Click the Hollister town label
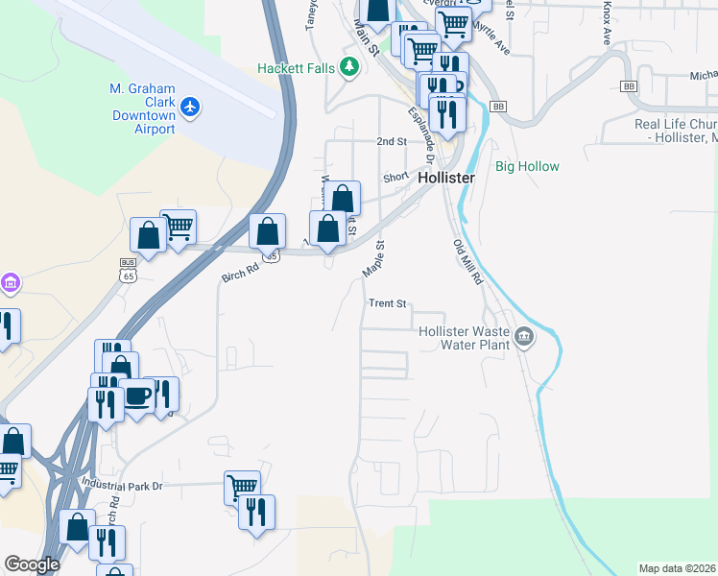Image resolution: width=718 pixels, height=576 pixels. click(447, 179)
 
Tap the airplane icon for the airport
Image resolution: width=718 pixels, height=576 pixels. click(190, 106)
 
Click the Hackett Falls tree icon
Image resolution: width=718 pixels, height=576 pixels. click(351, 66)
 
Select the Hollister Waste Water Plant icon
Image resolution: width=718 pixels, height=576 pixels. click(524, 337)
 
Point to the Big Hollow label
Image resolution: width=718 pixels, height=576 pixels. click(527, 167)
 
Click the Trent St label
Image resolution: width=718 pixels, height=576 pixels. click(389, 303)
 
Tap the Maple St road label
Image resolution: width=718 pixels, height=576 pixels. click(373, 259)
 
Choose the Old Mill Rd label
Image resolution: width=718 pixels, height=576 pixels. click(467, 261)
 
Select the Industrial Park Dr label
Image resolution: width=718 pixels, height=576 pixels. click(123, 486)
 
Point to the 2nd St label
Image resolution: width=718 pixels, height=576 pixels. click(392, 141)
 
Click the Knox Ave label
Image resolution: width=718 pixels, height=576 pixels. click(607, 24)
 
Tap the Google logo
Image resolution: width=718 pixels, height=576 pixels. click(32, 564)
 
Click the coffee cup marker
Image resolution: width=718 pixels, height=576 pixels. click(137, 396)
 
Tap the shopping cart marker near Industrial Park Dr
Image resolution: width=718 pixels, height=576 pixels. click(242, 487)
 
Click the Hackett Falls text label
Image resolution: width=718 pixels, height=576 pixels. click(300, 68)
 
